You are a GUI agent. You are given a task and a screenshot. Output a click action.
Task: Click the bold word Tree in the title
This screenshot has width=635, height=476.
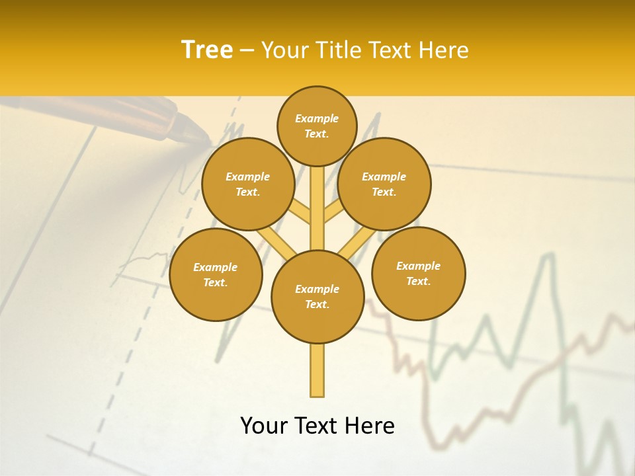tap(207, 50)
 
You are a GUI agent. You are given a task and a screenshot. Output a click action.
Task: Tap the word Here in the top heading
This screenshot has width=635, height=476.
tap(446, 50)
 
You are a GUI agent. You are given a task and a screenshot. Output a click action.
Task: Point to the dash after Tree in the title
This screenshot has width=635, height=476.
tap(247, 51)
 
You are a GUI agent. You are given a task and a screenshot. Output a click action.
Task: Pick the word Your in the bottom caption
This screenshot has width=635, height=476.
tap(265, 426)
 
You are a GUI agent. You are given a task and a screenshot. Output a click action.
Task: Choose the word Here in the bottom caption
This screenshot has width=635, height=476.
tap(371, 426)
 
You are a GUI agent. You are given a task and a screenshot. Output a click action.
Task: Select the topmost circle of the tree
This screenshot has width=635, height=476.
tap(317, 126)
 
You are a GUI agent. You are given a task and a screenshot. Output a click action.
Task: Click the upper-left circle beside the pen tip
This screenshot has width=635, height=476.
tap(247, 184)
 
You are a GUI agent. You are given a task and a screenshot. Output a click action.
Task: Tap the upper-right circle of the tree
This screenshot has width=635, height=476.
tap(384, 184)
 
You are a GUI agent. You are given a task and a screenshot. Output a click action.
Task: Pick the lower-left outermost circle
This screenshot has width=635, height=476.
tap(216, 274)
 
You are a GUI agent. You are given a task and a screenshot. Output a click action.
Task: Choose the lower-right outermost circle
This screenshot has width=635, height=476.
tap(418, 273)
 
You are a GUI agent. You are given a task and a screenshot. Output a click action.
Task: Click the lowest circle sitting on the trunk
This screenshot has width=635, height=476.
tap(317, 296)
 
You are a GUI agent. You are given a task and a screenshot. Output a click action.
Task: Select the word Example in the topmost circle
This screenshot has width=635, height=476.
tap(317, 119)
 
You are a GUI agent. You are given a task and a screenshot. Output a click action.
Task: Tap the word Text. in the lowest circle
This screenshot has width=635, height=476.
tap(317, 304)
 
